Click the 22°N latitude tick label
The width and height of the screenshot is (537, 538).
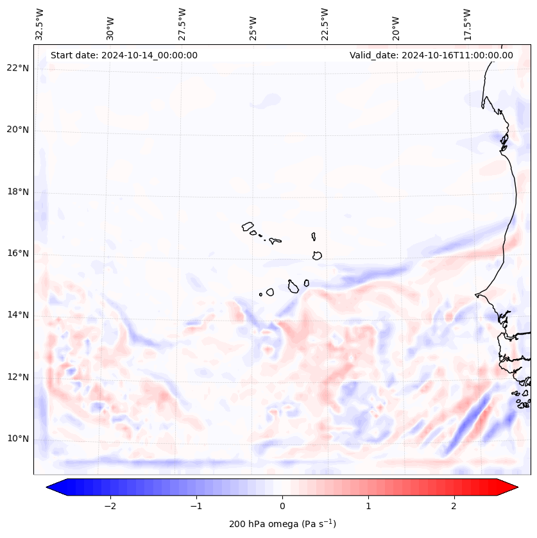(x=17, y=68)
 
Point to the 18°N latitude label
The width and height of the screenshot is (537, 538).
(x=17, y=192)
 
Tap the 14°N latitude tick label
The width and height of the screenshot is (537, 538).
(x=17, y=315)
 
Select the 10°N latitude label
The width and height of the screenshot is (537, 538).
(x=17, y=439)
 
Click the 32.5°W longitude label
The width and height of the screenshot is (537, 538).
(x=40, y=24)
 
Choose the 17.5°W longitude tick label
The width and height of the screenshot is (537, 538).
(x=468, y=24)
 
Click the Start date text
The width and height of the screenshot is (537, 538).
(x=124, y=55)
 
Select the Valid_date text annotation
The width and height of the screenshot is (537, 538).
(x=431, y=55)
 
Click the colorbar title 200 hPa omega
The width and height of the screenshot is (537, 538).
(x=282, y=524)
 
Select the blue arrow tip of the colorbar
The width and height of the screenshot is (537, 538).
(x=53, y=487)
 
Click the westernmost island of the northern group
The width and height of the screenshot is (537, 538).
(x=248, y=226)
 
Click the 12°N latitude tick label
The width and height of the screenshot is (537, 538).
(x=17, y=377)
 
